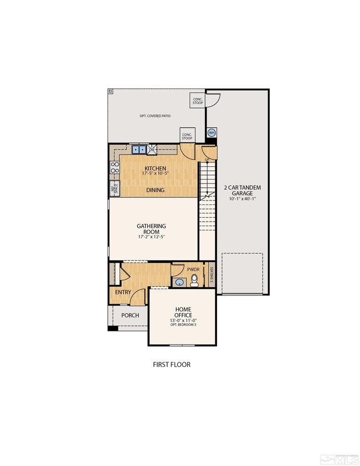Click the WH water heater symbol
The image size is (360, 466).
click(211, 133)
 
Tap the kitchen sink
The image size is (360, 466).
click(138, 148)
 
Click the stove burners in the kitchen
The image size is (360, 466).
click(115, 167)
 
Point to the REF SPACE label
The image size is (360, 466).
click(115, 188)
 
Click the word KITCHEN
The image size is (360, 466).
click(155, 168)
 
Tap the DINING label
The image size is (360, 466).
click(155, 190)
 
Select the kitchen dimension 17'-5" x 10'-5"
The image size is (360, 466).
click(155, 175)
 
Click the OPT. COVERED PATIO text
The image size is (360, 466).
click(155, 116)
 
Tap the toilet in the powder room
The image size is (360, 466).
click(194, 282)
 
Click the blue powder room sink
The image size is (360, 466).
click(179, 282)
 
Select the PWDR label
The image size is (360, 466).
click(193, 270)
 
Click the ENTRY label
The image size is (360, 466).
click(123, 292)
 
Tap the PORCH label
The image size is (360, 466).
click(130, 315)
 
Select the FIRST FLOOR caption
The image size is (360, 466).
click(172, 365)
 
